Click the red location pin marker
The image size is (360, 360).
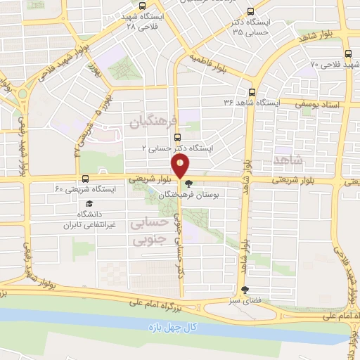(x=181, y=167)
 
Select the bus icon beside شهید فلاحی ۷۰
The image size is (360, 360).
(x=347, y=53)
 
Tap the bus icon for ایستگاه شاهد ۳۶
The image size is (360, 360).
(x=252, y=92)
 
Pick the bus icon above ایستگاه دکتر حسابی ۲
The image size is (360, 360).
(x=176, y=138)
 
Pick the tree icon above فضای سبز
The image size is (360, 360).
(x=244, y=290)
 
